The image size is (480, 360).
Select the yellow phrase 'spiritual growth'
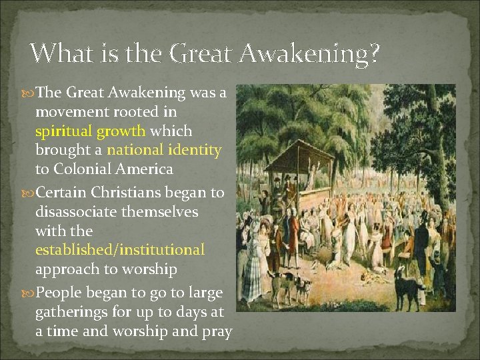click(x=95, y=131)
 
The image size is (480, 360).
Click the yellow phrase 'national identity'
click(x=164, y=150)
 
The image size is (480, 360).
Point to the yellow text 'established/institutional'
click(x=120, y=250)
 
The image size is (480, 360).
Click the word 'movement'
click(x=69, y=112)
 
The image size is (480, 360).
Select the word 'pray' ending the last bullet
click(x=216, y=331)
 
